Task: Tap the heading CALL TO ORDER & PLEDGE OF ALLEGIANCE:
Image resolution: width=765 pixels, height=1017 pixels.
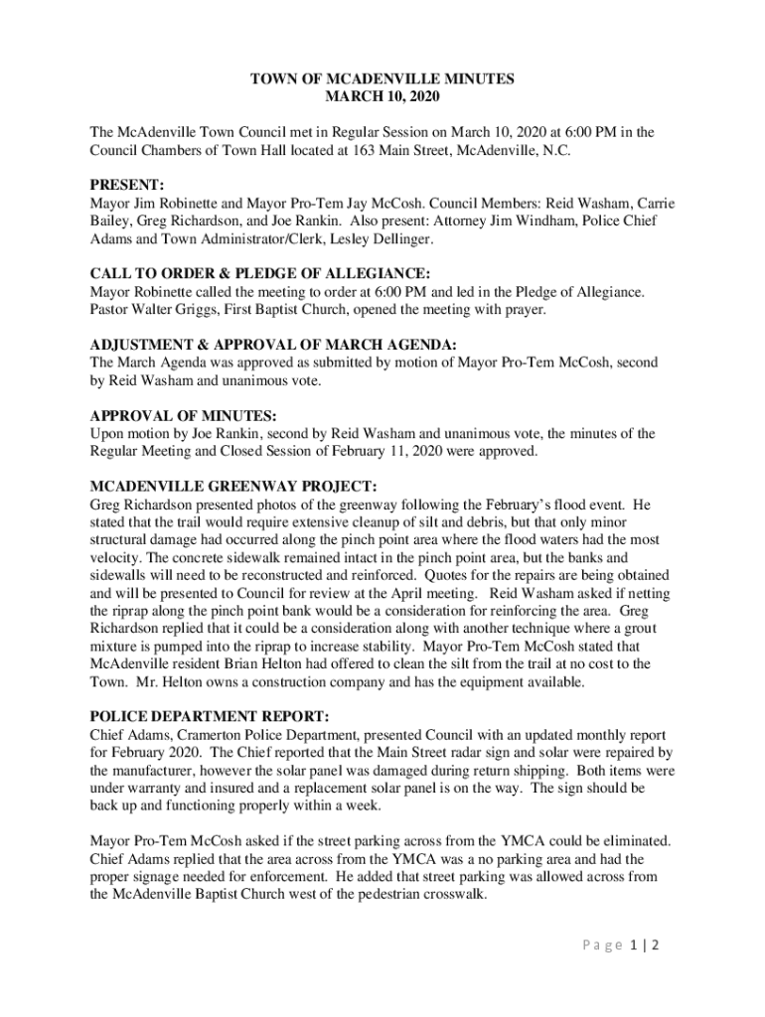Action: [x=260, y=273]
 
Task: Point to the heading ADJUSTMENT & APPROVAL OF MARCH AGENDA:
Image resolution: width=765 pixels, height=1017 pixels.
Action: [x=273, y=345]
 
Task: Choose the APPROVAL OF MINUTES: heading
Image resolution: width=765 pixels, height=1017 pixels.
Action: [x=183, y=415]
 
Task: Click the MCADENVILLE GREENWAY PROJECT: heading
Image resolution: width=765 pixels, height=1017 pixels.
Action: [x=233, y=487]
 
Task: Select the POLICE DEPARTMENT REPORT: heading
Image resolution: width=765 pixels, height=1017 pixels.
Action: [x=210, y=717]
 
